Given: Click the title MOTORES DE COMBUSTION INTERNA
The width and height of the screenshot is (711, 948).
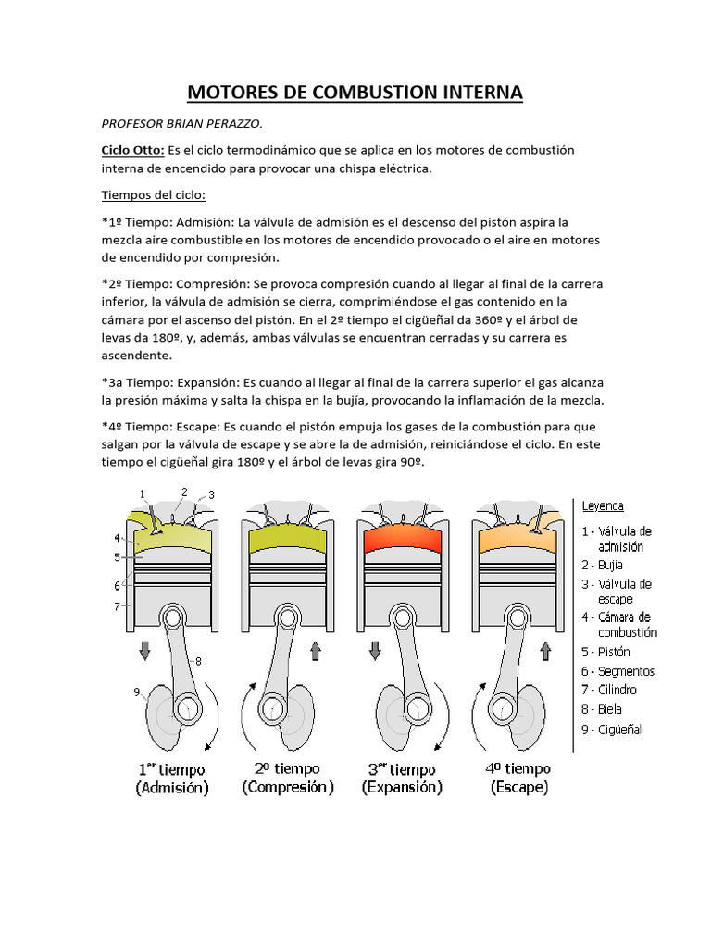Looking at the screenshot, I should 355,93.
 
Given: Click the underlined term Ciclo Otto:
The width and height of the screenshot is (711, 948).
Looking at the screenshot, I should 132,150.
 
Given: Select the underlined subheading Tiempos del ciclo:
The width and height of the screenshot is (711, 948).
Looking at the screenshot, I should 153,196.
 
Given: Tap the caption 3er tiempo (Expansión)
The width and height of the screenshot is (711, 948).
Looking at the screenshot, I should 402,779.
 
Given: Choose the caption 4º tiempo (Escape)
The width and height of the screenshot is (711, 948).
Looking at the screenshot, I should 518,779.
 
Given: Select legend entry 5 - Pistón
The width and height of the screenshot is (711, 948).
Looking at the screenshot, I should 607,652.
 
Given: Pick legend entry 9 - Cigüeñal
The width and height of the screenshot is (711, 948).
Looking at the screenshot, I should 612,730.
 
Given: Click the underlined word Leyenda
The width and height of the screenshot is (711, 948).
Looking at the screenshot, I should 603,506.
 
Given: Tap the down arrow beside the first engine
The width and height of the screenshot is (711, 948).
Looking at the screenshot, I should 144,652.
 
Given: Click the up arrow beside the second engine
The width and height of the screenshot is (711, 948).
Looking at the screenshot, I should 315,652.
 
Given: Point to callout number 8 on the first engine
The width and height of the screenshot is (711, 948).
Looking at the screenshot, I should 198,661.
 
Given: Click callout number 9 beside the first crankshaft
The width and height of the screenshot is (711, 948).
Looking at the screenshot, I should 137,691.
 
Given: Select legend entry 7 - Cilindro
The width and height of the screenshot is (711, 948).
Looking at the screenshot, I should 609,690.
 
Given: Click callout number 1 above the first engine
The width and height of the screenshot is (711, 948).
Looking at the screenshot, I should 143,493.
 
